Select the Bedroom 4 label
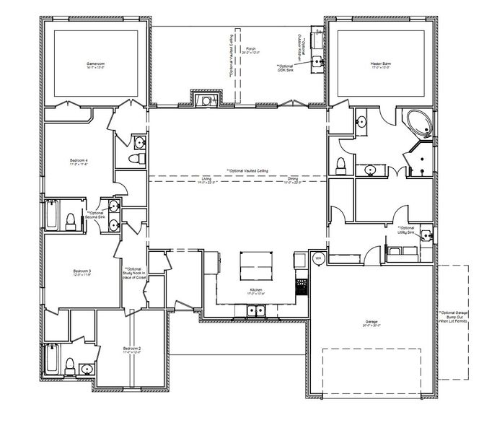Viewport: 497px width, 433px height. [x=79, y=162]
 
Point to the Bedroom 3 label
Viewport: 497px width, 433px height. [x=82, y=272]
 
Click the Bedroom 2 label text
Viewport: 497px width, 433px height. [x=132, y=350]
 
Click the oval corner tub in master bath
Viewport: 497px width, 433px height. [x=418, y=123]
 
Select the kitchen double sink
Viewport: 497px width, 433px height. [x=253, y=311]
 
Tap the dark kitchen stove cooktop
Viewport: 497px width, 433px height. [x=301, y=288]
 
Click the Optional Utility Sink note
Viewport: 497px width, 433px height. [x=406, y=230]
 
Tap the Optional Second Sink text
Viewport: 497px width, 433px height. [x=95, y=215]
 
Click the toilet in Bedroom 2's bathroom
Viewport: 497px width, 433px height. [x=69, y=365]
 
